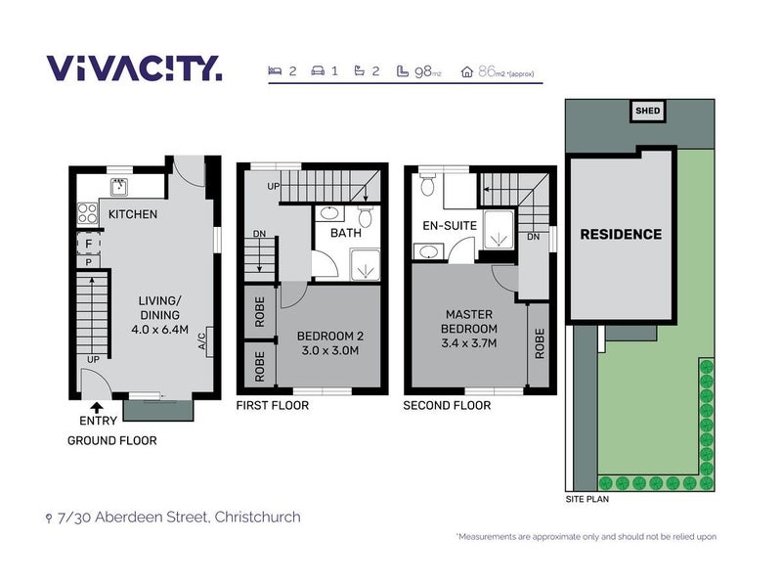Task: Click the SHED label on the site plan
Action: coord(647,111)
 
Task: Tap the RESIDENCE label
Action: coord(621,234)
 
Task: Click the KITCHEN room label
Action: coord(133,214)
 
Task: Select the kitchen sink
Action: coord(118,187)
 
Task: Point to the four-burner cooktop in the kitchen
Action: coord(87,213)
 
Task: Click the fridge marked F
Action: coord(89,244)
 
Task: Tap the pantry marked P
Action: coord(88,262)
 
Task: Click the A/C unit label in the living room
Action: coord(202,341)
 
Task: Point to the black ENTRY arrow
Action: coord(97,408)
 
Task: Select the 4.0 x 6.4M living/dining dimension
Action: coord(159,330)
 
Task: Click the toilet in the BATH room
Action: coord(366,215)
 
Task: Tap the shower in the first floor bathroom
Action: coord(365,265)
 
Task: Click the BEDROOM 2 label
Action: coord(330,336)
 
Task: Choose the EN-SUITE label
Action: coord(450,226)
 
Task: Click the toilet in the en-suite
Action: coord(427,184)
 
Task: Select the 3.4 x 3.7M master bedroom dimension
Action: coord(469,343)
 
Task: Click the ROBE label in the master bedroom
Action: coord(540,343)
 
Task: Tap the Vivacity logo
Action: coord(134,68)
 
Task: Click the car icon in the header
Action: coord(318,70)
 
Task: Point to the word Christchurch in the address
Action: coord(257,517)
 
